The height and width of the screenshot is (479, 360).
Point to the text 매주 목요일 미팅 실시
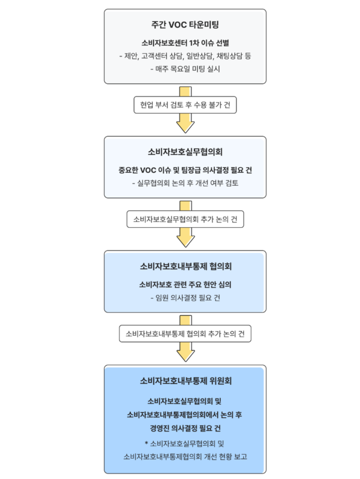click(x=185, y=70)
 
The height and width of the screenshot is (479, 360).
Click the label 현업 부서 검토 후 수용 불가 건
click(x=185, y=104)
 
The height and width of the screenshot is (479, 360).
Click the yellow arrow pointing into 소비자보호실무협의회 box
click(x=185, y=123)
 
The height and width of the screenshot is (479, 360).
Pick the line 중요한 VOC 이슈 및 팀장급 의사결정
click(x=185, y=170)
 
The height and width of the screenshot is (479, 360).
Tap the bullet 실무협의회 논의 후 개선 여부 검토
click(x=185, y=183)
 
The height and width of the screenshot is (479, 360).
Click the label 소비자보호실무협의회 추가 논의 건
click(x=185, y=219)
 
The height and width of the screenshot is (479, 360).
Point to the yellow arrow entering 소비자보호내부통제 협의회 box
click(x=185, y=238)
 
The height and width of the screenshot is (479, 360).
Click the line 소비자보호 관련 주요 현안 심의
click(x=185, y=284)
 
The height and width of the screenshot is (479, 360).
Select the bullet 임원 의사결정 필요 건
click(x=185, y=297)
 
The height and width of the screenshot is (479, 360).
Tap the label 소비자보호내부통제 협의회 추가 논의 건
click(x=185, y=333)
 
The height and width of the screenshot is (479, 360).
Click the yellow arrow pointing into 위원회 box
click(x=185, y=353)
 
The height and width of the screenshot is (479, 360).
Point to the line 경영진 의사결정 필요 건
click(x=185, y=427)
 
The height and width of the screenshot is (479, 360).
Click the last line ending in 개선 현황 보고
click(x=185, y=456)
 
